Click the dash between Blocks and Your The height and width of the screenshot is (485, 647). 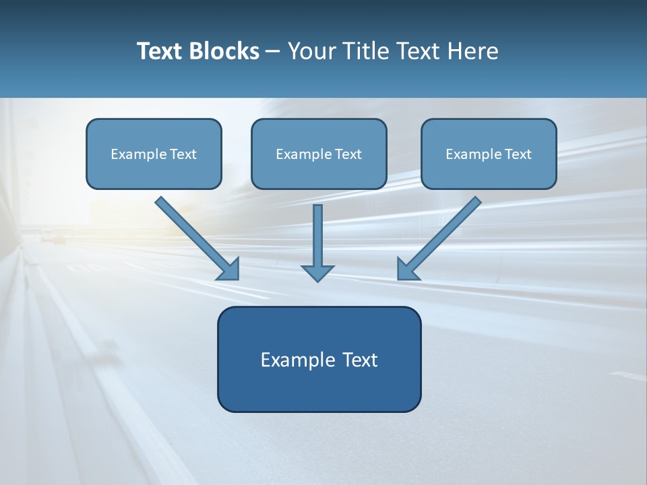coord(273,52)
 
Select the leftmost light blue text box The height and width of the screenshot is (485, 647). coord(154,154)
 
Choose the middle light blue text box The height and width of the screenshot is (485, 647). coord(319,154)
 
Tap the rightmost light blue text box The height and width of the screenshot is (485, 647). coord(489,154)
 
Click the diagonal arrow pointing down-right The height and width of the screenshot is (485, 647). coord(195,237)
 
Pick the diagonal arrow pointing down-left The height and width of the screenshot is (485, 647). coord(441,237)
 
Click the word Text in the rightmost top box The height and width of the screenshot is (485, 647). coord(518,154)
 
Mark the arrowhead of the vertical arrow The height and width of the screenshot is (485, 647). coord(317,273)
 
